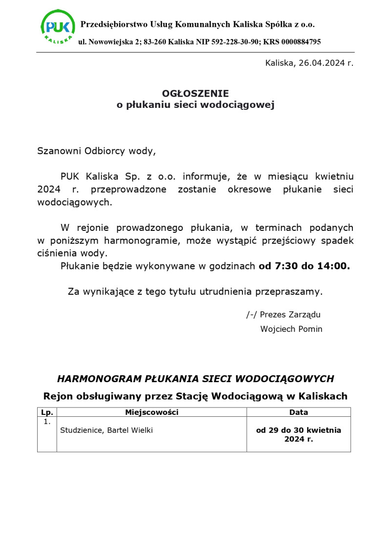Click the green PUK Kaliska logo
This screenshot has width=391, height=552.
[58, 27]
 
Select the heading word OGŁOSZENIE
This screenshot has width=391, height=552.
[195, 93]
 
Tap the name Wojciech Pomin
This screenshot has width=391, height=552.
[291, 329]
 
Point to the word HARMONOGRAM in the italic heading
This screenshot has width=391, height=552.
[99, 379]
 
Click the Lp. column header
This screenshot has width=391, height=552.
[47, 412]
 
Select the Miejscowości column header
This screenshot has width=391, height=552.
[152, 412]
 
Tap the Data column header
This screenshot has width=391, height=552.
[299, 412]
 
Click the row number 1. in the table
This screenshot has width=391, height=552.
[47, 422]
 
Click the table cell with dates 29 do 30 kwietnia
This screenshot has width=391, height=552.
[299, 434]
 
